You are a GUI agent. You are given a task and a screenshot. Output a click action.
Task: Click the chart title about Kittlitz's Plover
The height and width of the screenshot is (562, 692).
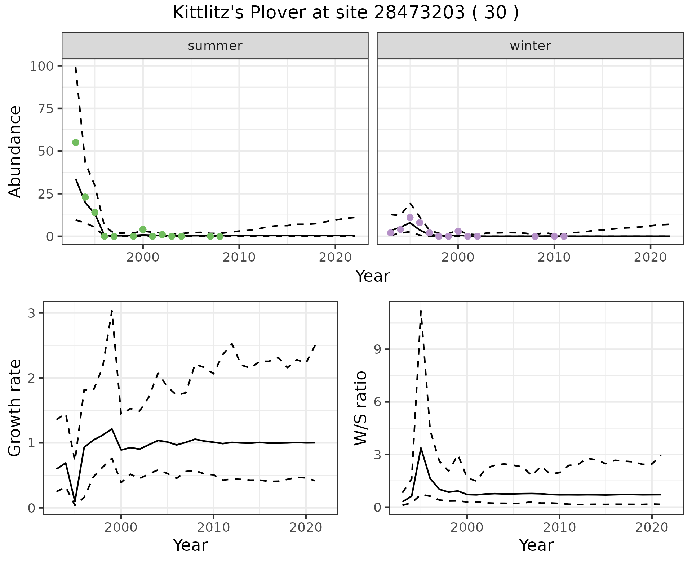[346, 13]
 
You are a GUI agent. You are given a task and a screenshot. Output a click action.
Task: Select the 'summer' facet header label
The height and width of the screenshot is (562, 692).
[215, 46]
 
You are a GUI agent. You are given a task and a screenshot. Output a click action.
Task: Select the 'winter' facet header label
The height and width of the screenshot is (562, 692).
[530, 46]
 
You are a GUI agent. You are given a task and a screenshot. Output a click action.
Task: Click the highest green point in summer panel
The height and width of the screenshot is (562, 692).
[76, 143]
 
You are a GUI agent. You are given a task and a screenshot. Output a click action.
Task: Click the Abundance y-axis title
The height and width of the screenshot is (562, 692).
[15, 151]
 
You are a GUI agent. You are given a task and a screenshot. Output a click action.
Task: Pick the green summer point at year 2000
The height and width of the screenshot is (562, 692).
[143, 229]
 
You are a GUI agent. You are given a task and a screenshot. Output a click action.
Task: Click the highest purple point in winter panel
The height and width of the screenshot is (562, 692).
[410, 218]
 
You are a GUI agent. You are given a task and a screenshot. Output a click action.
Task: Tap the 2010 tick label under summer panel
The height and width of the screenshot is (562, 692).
[239, 257]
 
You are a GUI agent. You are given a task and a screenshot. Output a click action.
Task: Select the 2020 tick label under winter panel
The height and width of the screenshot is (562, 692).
[650, 257]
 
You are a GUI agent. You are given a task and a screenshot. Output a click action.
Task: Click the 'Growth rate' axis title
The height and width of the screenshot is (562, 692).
[15, 408]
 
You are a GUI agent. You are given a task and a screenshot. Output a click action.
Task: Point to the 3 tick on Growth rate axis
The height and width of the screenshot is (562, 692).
[32, 313]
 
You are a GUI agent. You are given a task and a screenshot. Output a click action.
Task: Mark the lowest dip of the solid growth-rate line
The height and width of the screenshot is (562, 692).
[75, 502]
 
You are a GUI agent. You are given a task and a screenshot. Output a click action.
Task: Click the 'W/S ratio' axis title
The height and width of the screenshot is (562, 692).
[360, 408]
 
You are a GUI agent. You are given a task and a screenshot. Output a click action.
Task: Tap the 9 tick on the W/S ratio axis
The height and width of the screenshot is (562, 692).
[378, 349]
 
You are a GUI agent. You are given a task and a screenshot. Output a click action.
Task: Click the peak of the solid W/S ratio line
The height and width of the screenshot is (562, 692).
[421, 448]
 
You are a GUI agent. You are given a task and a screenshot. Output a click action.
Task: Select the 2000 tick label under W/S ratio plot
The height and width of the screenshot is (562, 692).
[467, 528]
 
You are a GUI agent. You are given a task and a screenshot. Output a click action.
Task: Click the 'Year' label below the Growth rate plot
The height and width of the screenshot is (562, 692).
[190, 545]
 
